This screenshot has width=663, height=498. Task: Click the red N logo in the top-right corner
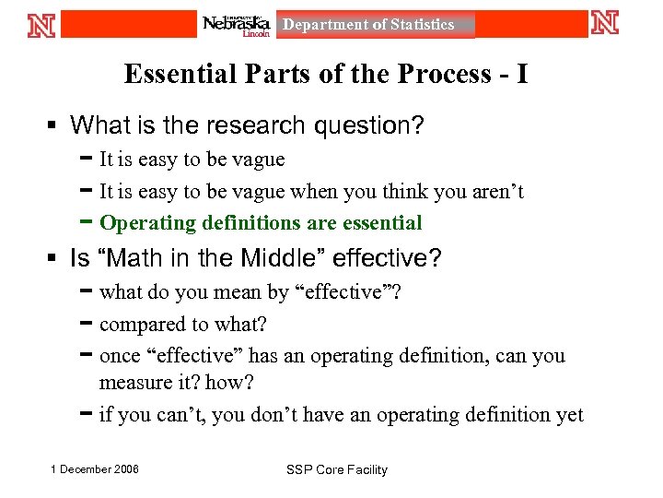pos(605,23)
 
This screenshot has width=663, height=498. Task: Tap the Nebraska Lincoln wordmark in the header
pos(237,25)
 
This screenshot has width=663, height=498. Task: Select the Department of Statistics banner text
pos(368,25)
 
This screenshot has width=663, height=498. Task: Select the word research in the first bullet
pos(242,125)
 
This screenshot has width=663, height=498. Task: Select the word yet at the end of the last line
pos(569,415)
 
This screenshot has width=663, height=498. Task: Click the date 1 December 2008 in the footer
pos(96,469)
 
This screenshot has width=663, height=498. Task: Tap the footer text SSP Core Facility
pos(336,470)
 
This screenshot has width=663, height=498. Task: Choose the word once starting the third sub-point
pos(120,356)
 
